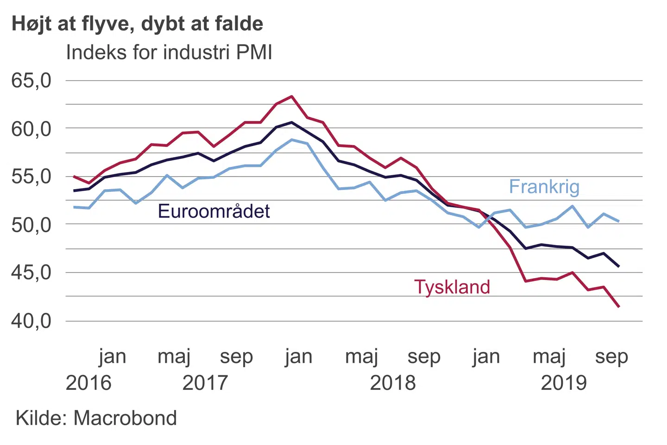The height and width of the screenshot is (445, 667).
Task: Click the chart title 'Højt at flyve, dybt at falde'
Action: click(x=137, y=24)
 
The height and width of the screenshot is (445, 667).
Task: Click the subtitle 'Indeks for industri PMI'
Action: click(x=169, y=52)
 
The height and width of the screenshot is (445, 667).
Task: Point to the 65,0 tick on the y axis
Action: click(x=31, y=81)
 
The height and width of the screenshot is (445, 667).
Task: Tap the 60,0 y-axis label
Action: click(x=31, y=129)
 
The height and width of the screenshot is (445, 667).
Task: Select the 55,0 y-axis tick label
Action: click(x=31, y=177)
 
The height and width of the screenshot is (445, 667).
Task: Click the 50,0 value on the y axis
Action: click(x=31, y=225)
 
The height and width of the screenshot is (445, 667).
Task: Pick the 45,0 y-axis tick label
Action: click(x=31, y=273)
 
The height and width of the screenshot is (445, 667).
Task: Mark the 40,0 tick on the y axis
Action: click(x=31, y=321)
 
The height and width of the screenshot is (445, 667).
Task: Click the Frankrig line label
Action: click(x=544, y=187)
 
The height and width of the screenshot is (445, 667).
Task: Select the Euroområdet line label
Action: click(x=214, y=211)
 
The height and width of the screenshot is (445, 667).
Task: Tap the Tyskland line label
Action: click(x=452, y=287)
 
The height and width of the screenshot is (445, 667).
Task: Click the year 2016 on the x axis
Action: click(x=88, y=383)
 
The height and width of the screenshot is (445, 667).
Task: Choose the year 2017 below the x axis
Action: click(x=205, y=383)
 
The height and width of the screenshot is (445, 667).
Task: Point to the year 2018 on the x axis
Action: click(x=393, y=383)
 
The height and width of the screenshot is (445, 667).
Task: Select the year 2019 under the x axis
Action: click(x=564, y=383)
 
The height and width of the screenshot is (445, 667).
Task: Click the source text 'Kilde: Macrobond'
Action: click(x=96, y=418)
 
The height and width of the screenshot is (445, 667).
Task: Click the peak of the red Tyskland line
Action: click(x=291, y=96)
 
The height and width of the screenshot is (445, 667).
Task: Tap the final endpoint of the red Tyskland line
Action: click(x=619, y=306)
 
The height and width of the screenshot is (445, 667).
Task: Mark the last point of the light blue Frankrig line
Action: click(x=619, y=221)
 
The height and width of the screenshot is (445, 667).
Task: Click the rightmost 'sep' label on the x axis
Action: click(x=611, y=357)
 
